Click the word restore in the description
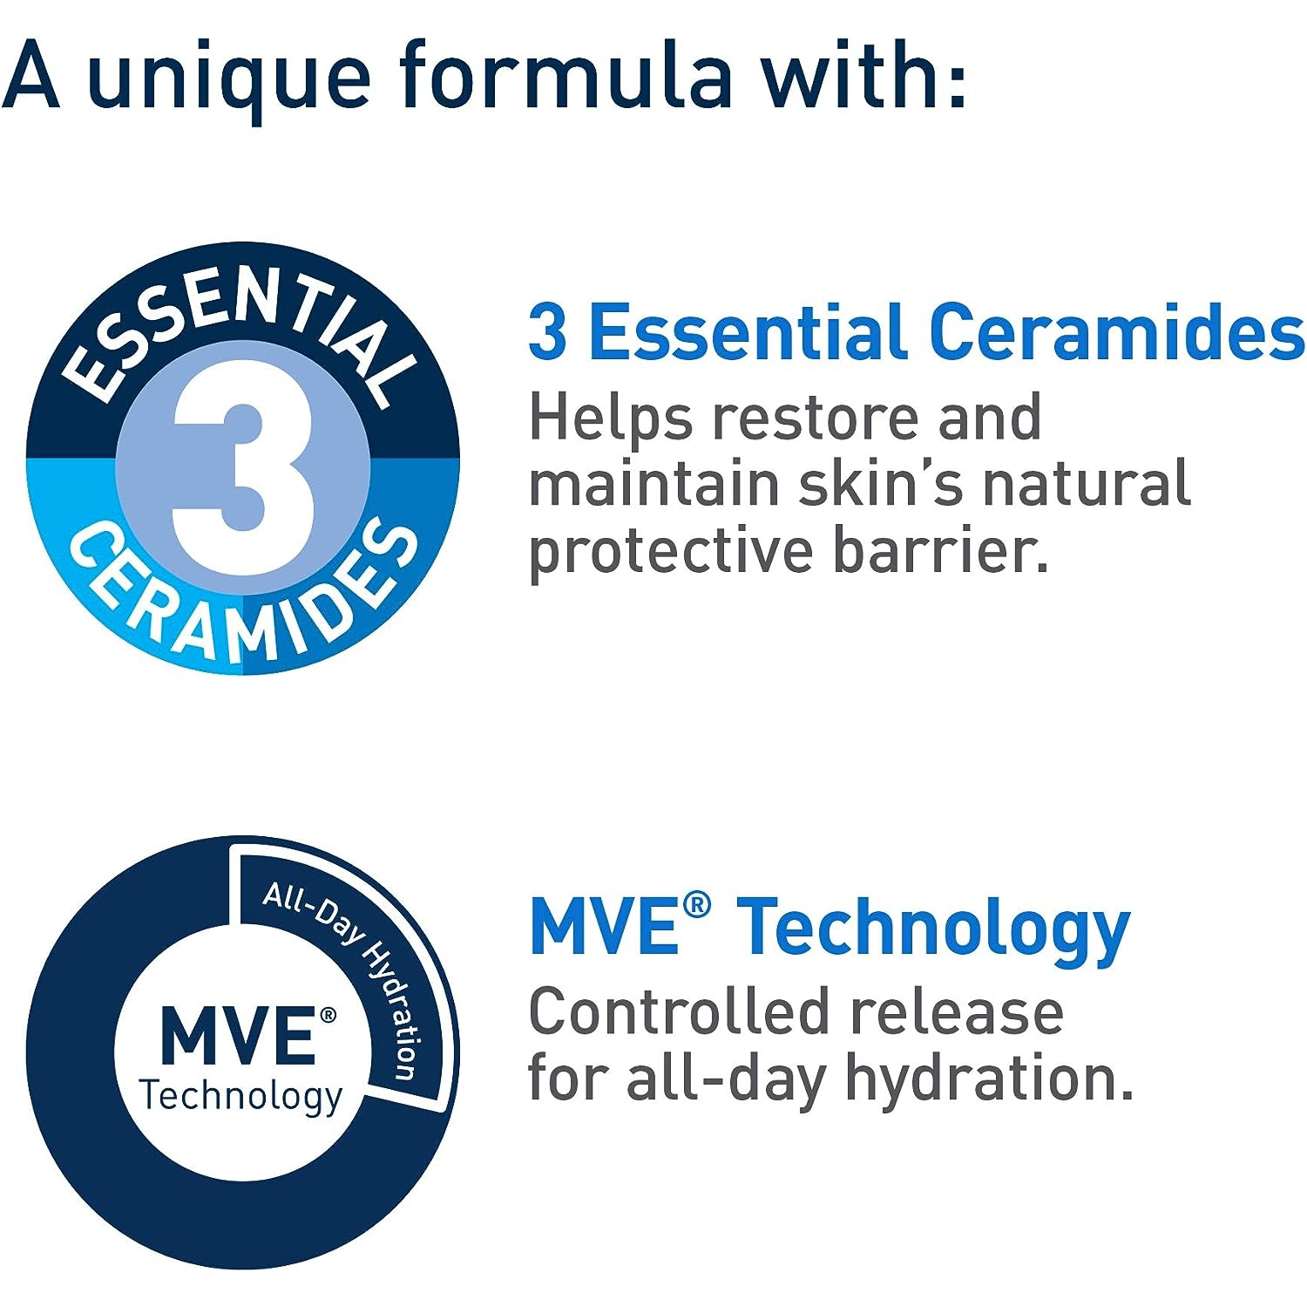pyautogui.click(x=816, y=418)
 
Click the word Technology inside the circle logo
pyautogui.click(x=241, y=1096)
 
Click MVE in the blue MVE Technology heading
pyautogui.click(x=605, y=927)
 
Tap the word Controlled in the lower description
pyautogui.click(x=679, y=1012)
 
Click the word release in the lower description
pyautogui.click(x=956, y=1012)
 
